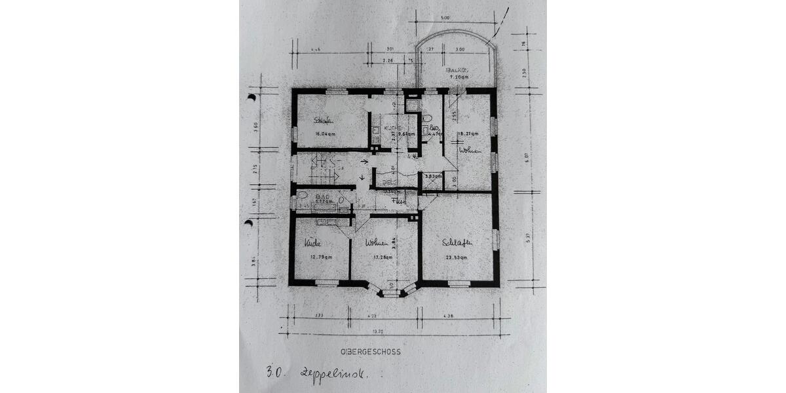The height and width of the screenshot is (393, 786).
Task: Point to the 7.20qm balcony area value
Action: point(458,77)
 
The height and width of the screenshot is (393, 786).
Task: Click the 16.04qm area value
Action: point(326,134)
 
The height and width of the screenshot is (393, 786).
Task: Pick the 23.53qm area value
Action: point(454,257)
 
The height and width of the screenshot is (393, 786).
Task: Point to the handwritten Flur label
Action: point(398,202)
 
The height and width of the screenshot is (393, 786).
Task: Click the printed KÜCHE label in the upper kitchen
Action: point(393,126)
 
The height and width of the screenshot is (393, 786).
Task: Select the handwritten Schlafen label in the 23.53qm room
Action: point(457,243)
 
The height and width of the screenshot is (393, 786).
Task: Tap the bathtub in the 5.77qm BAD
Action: point(322,208)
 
